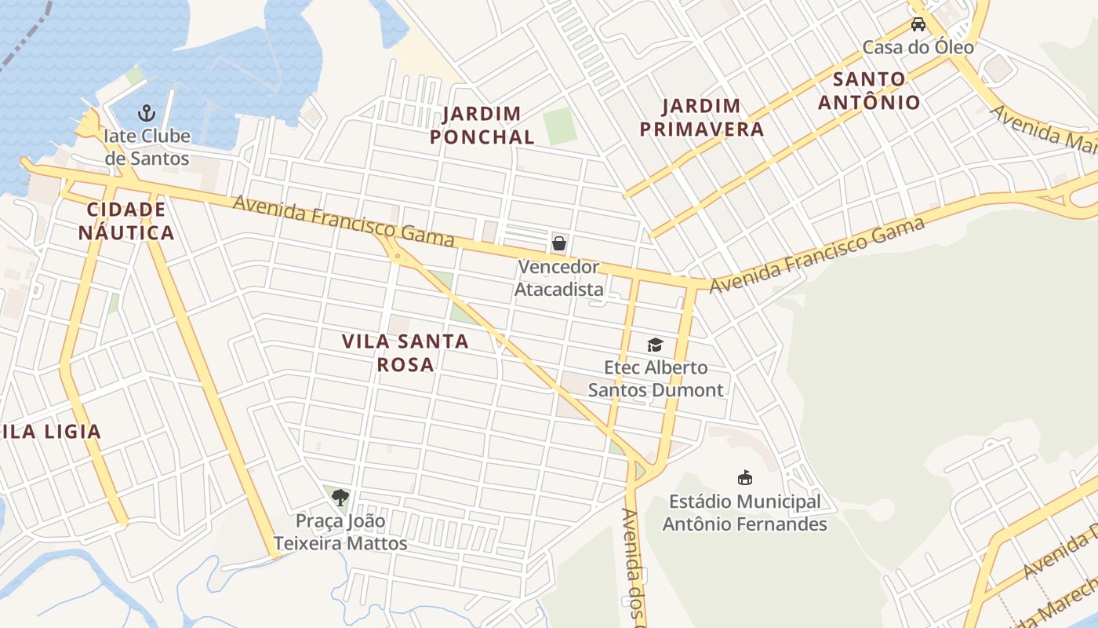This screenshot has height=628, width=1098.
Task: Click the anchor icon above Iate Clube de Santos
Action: coord(147,112)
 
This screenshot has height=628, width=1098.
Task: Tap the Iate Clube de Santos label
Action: coord(147,147)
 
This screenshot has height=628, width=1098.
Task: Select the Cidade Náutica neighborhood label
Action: coord(126,221)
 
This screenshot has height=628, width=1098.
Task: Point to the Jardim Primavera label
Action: coord(701,117)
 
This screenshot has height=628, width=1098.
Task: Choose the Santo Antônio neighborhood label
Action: coord(869,90)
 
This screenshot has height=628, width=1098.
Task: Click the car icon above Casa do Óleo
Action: coord(918,24)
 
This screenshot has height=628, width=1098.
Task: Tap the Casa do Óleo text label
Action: coord(918,47)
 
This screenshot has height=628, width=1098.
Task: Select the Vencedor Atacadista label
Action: coord(558,278)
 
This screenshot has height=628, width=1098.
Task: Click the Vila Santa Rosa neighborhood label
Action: coord(405,352)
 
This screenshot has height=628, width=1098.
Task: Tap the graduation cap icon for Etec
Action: coord(655,345)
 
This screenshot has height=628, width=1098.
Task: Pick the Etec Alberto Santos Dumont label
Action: coord(656,378)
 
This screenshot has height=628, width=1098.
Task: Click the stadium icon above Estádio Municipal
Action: coord(744,477)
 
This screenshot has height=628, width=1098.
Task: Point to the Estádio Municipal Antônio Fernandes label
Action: coord(744,513)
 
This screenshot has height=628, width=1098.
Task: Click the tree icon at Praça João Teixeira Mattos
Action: coord(340,496)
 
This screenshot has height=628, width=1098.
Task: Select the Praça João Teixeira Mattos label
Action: coord(340,531)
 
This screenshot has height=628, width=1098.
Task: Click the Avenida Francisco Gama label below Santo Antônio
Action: coord(816,255)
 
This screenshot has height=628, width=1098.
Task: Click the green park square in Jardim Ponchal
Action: coord(560,126)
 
